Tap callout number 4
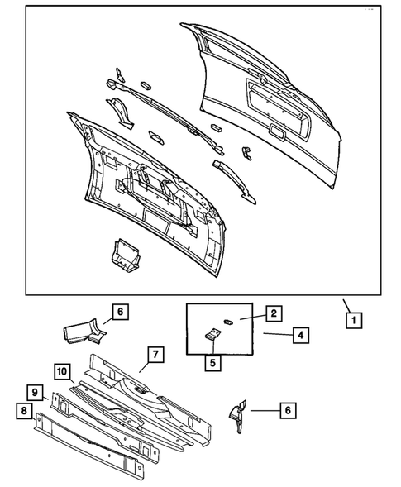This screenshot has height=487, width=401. pyautogui.click(x=300, y=335)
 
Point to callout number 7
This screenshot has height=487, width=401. pyautogui.click(x=155, y=356)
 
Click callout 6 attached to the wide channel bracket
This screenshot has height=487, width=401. pyautogui.click(x=120, y=312)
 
